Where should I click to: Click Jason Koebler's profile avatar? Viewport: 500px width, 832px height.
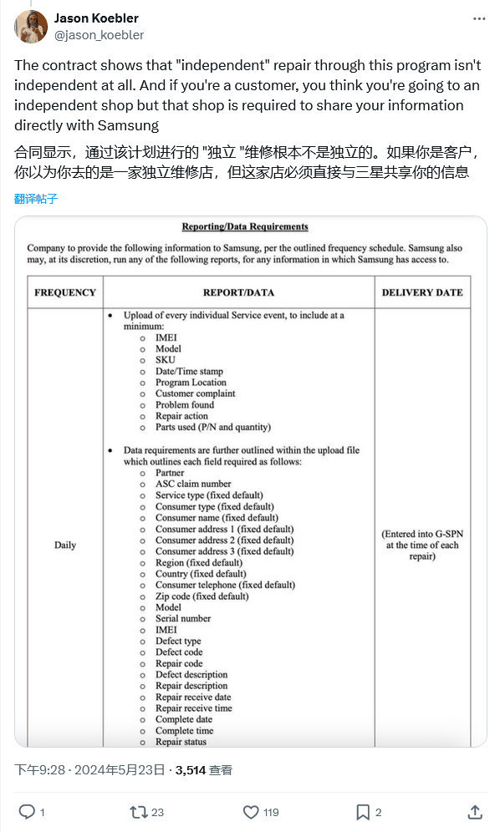pos(30,27)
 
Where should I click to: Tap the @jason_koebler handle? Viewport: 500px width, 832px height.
pos(99,35)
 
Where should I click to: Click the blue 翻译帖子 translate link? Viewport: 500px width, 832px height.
pos(36,199)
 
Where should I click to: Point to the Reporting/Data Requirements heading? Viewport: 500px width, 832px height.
pos(245,226)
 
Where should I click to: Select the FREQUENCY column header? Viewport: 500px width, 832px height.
pos(65,292)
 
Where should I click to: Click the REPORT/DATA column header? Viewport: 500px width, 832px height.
pos(238,292)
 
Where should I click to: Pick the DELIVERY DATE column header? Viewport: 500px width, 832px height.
pos(422,292)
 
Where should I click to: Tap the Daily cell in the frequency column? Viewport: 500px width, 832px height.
pos(65,545)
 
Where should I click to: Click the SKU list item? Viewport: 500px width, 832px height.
pos(166,360)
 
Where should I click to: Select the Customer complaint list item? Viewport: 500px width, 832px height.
pos(195,393)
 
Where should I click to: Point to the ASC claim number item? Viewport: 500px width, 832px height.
pos(193,484)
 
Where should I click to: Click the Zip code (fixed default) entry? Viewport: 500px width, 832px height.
pos(202,596)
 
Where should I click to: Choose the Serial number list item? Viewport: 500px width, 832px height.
pos(183,619)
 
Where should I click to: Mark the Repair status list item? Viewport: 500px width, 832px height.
pos(181,742)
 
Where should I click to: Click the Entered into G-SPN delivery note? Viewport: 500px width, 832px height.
pos(422,545)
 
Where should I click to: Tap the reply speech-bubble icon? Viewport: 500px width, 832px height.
pos(27,811)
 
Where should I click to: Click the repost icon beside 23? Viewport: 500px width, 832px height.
pos(138,811)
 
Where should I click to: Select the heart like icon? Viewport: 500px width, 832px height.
pos(251,811)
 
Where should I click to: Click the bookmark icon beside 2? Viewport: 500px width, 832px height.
pos(363,811)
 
